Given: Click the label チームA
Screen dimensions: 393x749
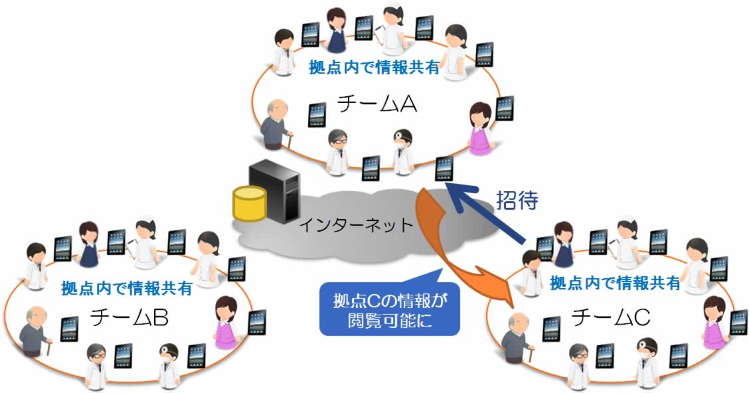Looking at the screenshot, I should (x=376, y=104).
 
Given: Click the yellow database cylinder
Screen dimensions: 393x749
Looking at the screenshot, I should (x=249, y=204).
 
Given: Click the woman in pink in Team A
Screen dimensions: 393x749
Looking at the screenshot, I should (x=479, y=129).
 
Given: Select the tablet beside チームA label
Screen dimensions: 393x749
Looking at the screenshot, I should (x=318, y=114).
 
